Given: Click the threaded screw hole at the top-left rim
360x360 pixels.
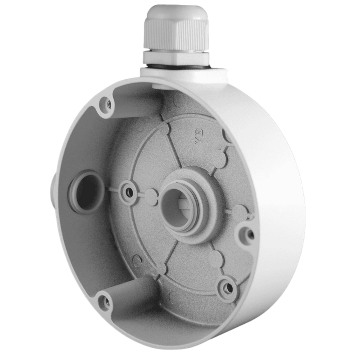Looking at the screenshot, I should (x=105, y=104).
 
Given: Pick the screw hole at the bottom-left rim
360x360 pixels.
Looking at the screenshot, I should (x=104, y=301).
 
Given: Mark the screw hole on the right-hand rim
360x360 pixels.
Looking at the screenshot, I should (x=245, y=233).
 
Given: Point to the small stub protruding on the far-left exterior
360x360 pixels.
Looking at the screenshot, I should (x=52, y=185).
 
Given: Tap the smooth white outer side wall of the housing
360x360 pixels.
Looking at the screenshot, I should (x=280, y=165).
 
